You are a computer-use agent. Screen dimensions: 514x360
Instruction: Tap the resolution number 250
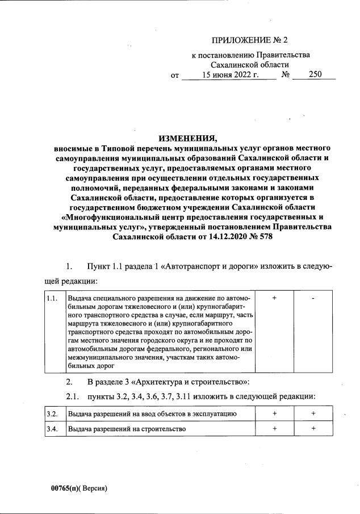tap(313, 75)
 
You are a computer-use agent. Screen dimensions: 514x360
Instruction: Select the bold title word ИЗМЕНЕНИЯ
tap(187, 138)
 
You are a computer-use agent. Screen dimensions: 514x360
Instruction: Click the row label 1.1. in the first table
tap(52, 298)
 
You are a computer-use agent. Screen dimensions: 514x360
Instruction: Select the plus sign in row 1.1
tap(274, 298)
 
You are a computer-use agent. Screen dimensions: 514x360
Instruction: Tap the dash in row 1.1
tap(313, 298)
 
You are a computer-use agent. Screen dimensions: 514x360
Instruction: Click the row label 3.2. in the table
tap(52, 414)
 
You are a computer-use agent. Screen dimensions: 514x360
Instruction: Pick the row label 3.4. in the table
tap(52, 429)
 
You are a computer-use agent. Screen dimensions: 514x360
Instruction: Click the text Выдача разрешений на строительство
tap(127, 429)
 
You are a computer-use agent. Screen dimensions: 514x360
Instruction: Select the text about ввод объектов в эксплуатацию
tap(152, 414)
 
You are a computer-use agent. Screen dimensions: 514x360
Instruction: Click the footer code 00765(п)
tap(64, 488)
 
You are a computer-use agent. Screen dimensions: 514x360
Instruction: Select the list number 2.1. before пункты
tap(73, 395)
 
